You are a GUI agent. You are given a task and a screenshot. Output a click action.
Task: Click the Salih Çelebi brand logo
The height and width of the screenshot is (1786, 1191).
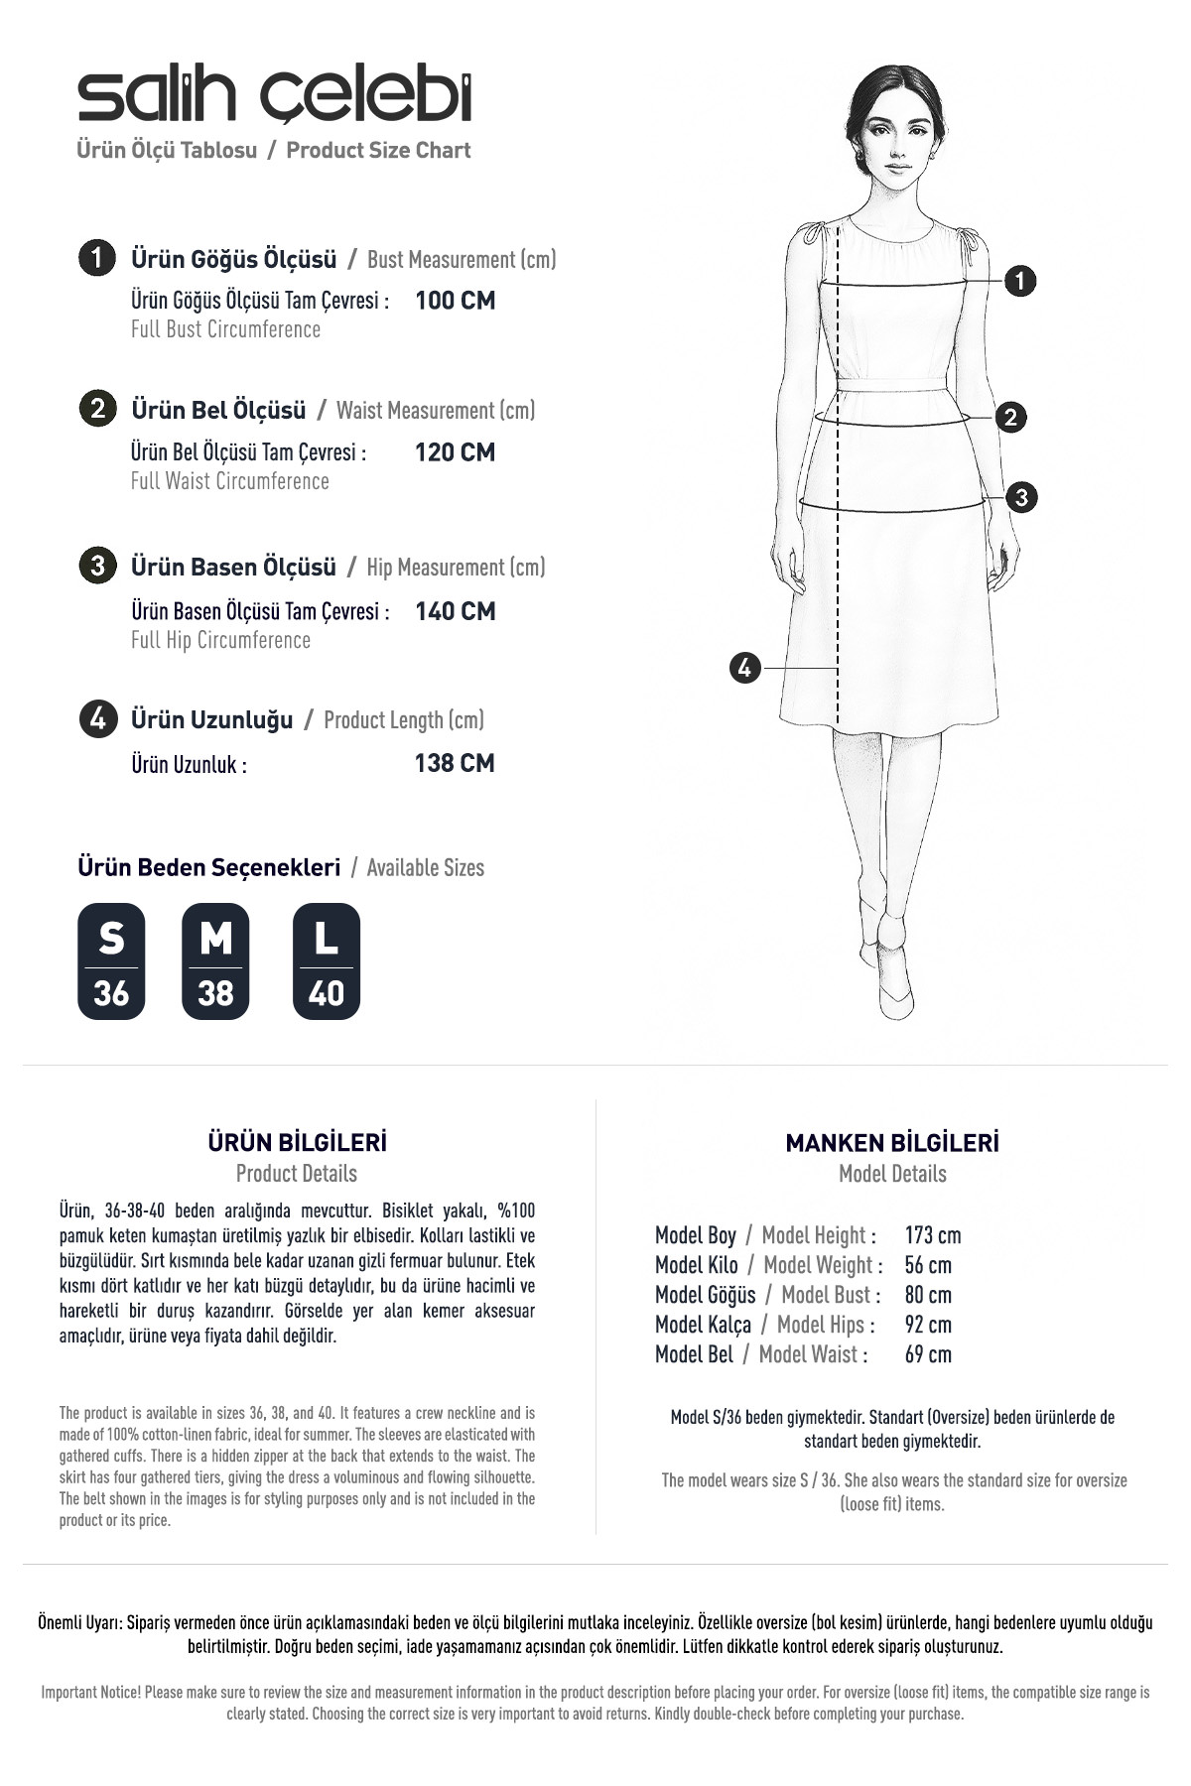pyautogui.click(x=275, y=96)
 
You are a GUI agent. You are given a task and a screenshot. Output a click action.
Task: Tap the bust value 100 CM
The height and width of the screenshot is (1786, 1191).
pyautogui.click(x=455, y=301)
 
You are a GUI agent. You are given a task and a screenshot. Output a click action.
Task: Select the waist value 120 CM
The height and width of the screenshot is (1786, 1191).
pyautogui.click(x=455, y=452)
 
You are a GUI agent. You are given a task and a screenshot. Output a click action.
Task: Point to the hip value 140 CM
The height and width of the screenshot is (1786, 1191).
pyautogui.click(x=455, y=611)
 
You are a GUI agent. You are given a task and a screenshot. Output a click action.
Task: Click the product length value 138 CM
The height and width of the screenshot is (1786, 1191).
pyautogui.click(x=455, y=763)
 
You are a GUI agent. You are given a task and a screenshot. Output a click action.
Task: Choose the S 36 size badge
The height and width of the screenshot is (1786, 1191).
pyautogui.click(x=111, y=961)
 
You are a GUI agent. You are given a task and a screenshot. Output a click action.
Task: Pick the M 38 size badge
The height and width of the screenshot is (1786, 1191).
pyautogui.click(x=215, y=961)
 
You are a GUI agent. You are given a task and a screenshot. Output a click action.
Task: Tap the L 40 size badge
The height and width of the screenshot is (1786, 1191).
pyautogui.click(x=327, y=961)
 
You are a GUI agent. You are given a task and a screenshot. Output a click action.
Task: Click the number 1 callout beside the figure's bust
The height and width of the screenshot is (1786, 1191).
pyautogui.click(x=1020, y=281)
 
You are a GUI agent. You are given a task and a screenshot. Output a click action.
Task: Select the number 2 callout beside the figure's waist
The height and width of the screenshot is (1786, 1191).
pyautogui.click(x=1010, y=417)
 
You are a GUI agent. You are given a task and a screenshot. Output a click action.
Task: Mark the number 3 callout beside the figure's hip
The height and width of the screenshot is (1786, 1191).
pyautogui.click(x=1021, y=497)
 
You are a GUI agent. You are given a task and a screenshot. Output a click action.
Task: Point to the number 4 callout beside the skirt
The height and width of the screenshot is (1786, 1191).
pyautogui.click(x=745, y=668)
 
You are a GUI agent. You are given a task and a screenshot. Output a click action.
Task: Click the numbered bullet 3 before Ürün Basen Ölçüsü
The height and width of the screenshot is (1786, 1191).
pyautogui.click(x=97, y=567)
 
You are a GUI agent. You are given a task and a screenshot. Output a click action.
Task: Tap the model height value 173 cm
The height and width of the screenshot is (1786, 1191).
pyautogui.click(x=933, y=1235)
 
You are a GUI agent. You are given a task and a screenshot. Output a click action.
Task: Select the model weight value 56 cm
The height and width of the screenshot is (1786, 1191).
pyautogui.click(x=928, y=1265)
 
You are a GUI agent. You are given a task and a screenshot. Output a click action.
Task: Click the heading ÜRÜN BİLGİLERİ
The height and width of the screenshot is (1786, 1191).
pyautogui.click(x=297, y=1142)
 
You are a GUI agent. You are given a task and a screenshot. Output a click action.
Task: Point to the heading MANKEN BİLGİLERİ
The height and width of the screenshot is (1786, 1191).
pyautogui.click(x=892, y=1143)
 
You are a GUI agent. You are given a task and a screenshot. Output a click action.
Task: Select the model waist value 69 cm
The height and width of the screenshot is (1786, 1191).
pyautogui.click(x=928, y=1354)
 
